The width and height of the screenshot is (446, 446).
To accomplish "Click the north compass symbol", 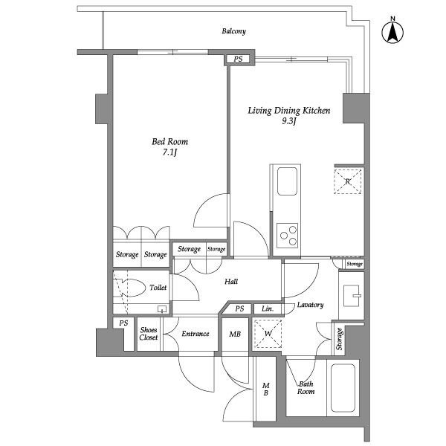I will pyautogui.click(x=392, y=31).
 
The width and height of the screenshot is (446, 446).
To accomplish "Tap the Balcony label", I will pyautogui.click(x=233, y=31).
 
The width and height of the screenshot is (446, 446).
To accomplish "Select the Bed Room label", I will pyautogui.click(x=170, y=141).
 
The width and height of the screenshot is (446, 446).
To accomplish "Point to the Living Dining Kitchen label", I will pyautogui.click(x=288, y=111).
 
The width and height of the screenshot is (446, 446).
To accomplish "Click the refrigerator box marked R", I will pyautogui.click(x=347, y=181).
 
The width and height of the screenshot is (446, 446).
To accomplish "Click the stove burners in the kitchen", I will pyautogui.click(x=286, y=236).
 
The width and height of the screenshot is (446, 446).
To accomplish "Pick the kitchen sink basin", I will pyautogui.click(x=287, y=181).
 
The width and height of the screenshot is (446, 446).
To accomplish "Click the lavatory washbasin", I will pyautogui.click(x=352, y=296).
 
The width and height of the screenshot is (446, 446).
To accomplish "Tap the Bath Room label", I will pyautogui.click(x=305, y=389).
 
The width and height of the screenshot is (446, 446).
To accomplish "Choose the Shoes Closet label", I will pyautogui.click(x=149, y=334).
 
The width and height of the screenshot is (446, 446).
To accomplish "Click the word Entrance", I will pyautogui.click(x=196, y=334).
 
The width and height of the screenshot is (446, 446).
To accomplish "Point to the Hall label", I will pyautogui.click(x=231, y=282).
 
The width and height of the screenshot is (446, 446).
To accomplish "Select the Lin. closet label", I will pyautogui.click(x=268, y=309).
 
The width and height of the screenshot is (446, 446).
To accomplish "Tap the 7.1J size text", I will pyautogui.click(x=170, y=153).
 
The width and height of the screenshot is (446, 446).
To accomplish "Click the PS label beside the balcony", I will pyautogui.click(x=238, y=59).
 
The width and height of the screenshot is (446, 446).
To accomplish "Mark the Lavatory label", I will pyautogui.click(x=310, y=305).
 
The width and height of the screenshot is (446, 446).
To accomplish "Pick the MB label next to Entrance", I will pyautogui.click(x=235, y=334).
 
